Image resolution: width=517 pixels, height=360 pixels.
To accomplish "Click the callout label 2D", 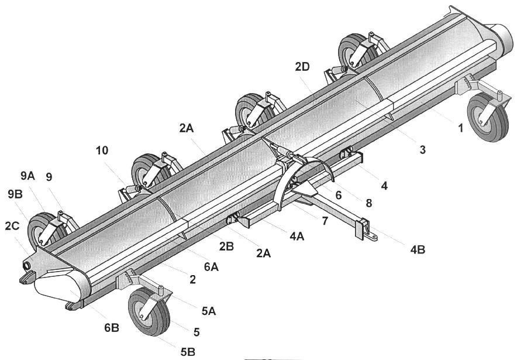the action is [302, 67].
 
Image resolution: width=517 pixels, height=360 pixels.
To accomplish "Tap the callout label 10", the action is [102, 150].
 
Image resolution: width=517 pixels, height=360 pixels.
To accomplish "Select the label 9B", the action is [15, 194].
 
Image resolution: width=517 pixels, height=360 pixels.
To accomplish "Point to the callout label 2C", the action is [12, 226].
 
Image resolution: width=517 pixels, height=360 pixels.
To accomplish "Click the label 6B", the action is [112, 328].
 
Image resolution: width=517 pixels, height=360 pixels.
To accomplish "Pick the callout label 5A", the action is [208, 311].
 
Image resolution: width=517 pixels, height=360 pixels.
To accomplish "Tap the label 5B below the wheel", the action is [188, 352].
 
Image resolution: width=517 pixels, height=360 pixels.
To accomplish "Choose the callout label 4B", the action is [418, 250].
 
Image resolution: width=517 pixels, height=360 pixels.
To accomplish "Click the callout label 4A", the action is [297, 236].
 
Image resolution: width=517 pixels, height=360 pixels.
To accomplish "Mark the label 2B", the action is [226, 246].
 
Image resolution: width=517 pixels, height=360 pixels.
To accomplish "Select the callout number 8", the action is [368, 203].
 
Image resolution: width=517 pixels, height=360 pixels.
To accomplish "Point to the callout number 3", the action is [422, 150].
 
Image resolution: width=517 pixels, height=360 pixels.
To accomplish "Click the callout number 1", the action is [461, 128].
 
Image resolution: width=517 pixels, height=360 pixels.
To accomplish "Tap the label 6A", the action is [211, 266].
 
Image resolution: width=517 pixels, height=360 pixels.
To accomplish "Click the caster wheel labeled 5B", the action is [149, 311].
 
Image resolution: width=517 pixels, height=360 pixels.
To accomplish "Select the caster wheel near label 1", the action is [488, 117].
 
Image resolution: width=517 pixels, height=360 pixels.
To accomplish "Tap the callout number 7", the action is [325, 221].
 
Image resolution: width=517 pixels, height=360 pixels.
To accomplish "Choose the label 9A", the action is [27, 176].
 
